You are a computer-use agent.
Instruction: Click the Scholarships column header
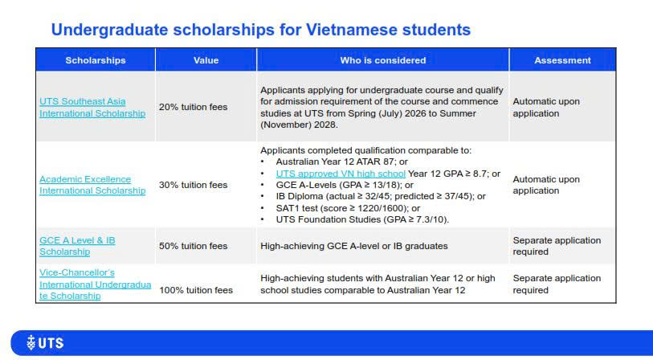tap(96, 60)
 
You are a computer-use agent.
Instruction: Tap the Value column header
tap(206, 60)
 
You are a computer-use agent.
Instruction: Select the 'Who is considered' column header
tap(382, 60)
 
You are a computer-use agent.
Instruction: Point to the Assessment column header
tap(562, 60)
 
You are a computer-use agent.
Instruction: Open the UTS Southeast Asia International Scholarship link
tap(92, 108)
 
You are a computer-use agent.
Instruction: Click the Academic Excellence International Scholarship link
tap(92, 185)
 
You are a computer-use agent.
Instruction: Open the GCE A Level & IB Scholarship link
tap(77, 246)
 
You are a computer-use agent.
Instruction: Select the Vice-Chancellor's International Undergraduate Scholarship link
tap(95, 284)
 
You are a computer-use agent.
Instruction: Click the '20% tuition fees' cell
tap(194, 107)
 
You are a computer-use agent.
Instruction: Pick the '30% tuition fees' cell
tap(194, 185)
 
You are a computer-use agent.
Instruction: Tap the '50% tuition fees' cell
tap(194, 246)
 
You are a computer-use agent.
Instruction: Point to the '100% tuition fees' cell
tap(196, 290)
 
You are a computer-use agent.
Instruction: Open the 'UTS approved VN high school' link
tap(341, 174)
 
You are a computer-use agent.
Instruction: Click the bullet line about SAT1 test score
tap(348, 208)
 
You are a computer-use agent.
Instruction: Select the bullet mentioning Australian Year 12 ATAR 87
tap(341, 162)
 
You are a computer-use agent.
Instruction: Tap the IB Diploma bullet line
tap(381, 196)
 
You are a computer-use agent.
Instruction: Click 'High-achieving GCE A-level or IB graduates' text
tap(354, 246)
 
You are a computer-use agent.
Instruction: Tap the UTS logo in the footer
tap(45, 343)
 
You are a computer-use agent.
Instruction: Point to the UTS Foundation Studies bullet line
tap(362, 219)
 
